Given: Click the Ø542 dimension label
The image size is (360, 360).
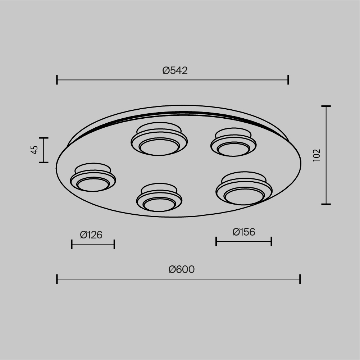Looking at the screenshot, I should tap(175, 70).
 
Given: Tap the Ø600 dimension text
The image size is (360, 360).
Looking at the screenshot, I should tap(182, 269).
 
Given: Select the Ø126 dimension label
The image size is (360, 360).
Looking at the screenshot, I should tap(91, 235).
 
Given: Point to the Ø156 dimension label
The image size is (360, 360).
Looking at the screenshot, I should tap(244, 232).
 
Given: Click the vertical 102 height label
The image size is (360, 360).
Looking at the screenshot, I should tap(316, 155).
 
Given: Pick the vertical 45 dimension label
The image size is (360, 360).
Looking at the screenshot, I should tap(35, 150).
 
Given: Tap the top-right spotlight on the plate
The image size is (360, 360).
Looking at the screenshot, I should tap(233, 143).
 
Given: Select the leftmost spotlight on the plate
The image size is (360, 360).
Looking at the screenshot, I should tap(93, 179).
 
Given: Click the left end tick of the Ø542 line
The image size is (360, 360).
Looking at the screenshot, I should tap(57, 80).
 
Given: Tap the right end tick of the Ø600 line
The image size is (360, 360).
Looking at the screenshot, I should tap(300, 279).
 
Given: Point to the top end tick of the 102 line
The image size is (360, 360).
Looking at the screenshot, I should tap(326, 106).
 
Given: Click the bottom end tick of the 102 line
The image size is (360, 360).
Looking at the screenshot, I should tap(326, 204).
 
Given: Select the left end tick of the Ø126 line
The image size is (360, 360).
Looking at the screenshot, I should tap(72, 244).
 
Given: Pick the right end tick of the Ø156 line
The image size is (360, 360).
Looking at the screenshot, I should tap(272, 241).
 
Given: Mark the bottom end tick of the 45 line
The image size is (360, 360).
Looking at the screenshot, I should tap(44, 163).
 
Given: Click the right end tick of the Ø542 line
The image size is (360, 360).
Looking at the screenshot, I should tap(288, 80).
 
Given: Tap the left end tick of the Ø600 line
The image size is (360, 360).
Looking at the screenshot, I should tap(57, 279).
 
